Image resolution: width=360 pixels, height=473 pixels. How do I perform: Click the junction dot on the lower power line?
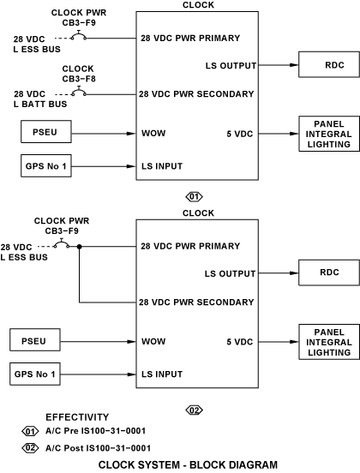click(x=80, y=247)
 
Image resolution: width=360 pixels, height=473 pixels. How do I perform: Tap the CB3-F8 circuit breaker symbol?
click(x=79, y=91)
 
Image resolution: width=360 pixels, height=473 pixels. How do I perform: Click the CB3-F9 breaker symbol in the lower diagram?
click(x=62, y=242)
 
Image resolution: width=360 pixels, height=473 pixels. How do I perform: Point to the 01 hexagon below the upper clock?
click(x=194, y=197)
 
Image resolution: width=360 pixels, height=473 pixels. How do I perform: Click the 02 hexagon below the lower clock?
click(x=194, y=410)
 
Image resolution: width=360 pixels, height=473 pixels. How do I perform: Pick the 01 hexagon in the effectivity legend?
click(x=30, y=431)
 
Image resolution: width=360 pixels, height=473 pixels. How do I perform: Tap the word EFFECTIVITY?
click(x=77, y=417)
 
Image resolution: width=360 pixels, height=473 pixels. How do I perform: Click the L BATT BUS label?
click(x=40, y=104)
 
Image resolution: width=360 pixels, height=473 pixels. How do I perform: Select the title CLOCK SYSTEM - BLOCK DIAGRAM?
click(x=188, y=464)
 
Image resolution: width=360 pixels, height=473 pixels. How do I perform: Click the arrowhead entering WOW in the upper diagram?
click(x=131, y=134)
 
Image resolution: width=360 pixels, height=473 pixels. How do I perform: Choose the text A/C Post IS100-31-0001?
click(x=98, y=448)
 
